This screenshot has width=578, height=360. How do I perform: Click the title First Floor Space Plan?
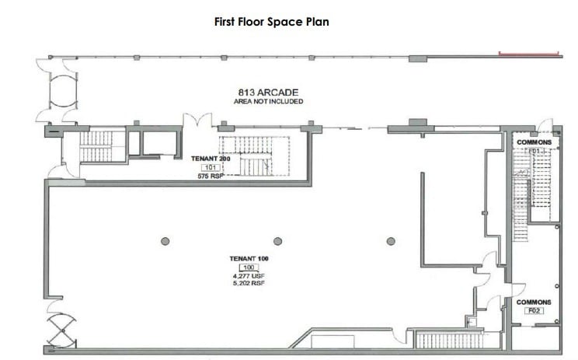pyautogui.click(x=271, y=22)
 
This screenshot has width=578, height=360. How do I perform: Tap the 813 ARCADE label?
pyautogui.click(x=269, y=92)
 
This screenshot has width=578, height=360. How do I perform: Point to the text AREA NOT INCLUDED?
pyautogui.click(x=269, y=101)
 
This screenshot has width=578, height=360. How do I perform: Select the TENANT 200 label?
pyautogui.click(x=211, y=158)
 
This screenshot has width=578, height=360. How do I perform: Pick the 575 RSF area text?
pyautogui.click(x=211, y=177)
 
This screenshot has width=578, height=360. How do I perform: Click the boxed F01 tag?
pyautogui.click(x=534, y=151)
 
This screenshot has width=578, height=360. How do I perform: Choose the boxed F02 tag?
pyautogui.click(x=534, y=311)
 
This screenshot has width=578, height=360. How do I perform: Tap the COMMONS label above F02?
pyautogui.click(x=534, y=302)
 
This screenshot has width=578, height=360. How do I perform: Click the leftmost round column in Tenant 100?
pyautogui.click(x=165, y=241)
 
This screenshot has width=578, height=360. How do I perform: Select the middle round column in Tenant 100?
pyautogui.click(x=277, y=241)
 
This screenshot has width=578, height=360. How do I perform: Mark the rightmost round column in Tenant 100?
pyautogui.click(x=390, y=241)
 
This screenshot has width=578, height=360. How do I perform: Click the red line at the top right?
pyautogui.click(x=528, y=54)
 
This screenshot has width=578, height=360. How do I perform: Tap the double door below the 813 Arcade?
pyautogui.click(x=197, y=123)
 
